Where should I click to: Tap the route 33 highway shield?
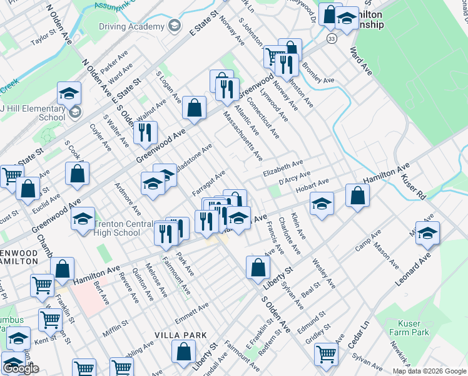pos(332,39)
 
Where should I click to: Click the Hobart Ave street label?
pos(312,184)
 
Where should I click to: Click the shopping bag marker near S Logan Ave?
pos(195,107)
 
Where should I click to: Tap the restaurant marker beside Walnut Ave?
pos(145,132)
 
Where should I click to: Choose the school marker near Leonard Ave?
pos(427,233)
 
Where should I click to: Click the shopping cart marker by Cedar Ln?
pos(326,354)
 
